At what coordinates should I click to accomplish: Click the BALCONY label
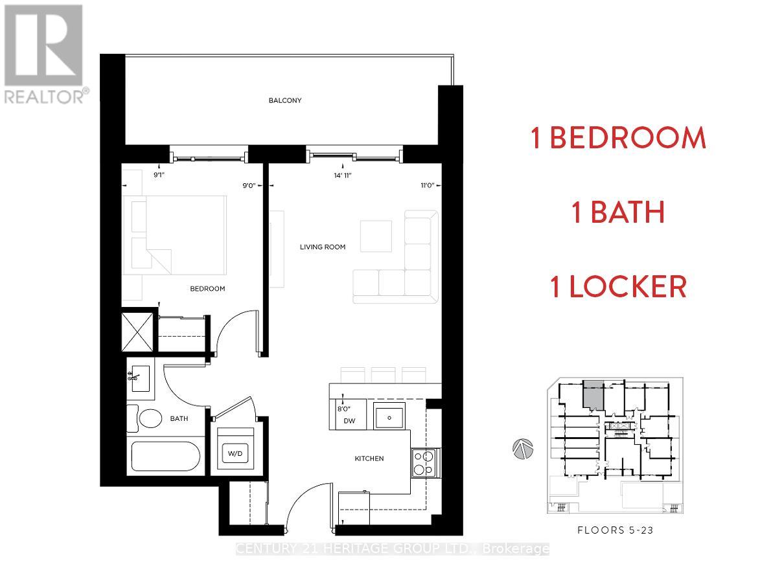(286, 100)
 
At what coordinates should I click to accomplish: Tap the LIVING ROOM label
(322, 247)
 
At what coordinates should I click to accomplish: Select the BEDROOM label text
(207, 289)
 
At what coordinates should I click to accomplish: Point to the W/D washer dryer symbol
(235, 453)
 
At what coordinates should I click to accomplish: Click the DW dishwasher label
(351, 421)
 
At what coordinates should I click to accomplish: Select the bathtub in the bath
(165, 457)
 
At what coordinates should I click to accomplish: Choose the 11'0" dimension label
(426, 185)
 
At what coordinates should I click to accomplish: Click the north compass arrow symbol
(522, 448)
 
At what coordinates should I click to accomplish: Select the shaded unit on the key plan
(593, 393)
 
